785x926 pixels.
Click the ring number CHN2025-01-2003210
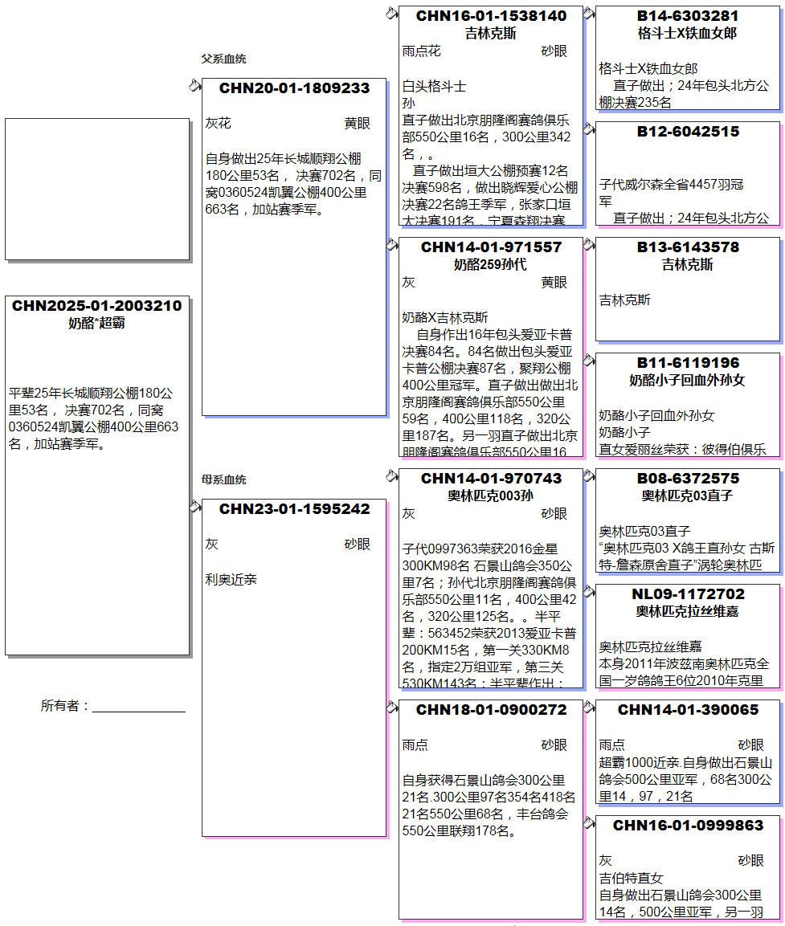[x=96, y=306]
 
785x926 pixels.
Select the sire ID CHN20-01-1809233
[x=294, y=88]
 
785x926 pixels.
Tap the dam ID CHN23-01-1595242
[x=294, y=509]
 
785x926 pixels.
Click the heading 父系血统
[x=223, y=59]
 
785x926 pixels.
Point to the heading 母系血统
[x=223, y=480]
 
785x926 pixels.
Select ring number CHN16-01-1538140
[x=491, y=16]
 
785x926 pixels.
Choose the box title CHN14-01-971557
[x=491, y=247]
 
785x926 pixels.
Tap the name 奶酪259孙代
[x=491, y=264]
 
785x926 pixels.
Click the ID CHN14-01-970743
[x=491, y=479]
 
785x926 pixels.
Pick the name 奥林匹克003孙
[x=491, y=496]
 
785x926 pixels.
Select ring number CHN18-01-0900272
[x=491, y=710]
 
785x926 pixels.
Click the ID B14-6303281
[x=688, y=16]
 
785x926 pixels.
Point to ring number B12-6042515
[x=688, y=132]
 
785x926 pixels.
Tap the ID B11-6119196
[x=688, y=363]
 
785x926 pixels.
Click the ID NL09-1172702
[x=688, y=594]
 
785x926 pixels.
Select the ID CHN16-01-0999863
[x=688, y=826]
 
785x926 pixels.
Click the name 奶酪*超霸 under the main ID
[x=96, y=324]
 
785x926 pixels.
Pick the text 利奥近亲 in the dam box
[x=231, y=580]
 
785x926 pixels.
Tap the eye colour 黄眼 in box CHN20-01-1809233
[x=358, y=124]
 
